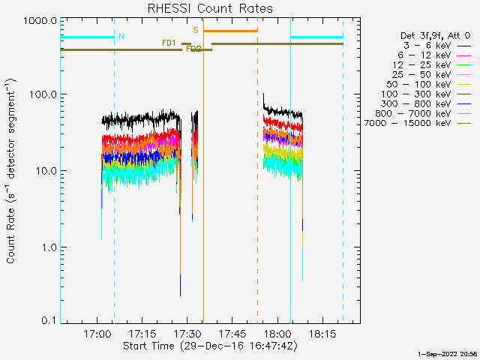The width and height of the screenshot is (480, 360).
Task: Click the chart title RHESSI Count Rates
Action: (x=209, y=9)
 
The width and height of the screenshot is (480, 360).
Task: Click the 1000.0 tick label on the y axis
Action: (x=41, y=21)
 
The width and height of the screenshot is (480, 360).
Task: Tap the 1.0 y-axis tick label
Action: (x=49, y=247)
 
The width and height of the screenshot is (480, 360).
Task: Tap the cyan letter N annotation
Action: (x=121, y=36)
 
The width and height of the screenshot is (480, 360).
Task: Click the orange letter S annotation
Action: (x=196, y=31)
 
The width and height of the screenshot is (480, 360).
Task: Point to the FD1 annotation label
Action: (x=169, y=43)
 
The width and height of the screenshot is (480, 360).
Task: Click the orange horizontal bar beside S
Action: (x=230, y=31)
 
